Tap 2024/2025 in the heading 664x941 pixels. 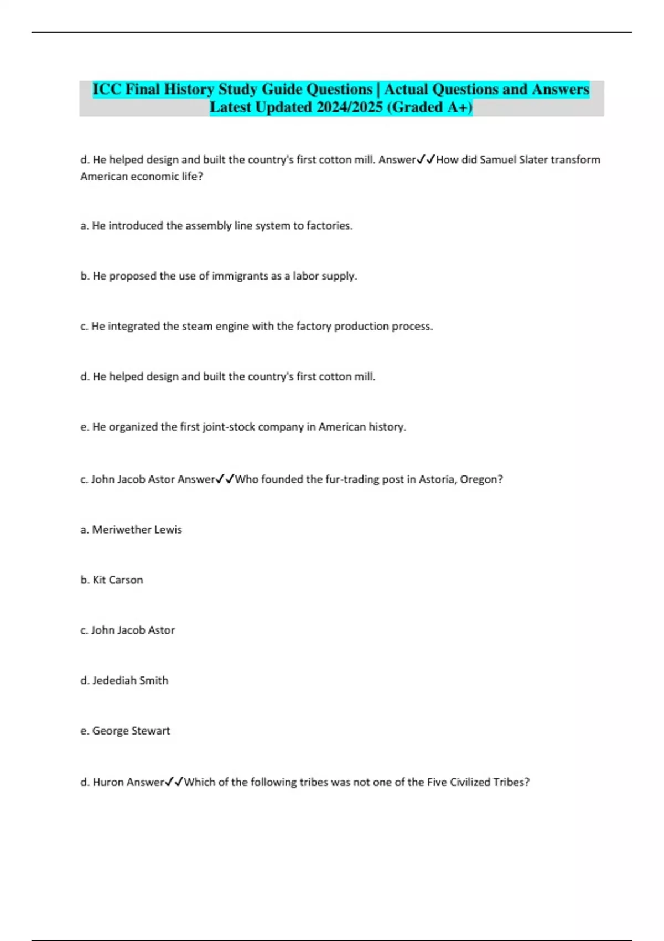click(x=349, y=107)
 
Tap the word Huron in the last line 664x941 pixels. click(x=109, y=782)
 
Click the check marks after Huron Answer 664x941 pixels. click(x=174, y=782)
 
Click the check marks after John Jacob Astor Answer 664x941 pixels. click(x=225, y=479)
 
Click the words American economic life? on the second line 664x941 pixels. click(x=142, y=177)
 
